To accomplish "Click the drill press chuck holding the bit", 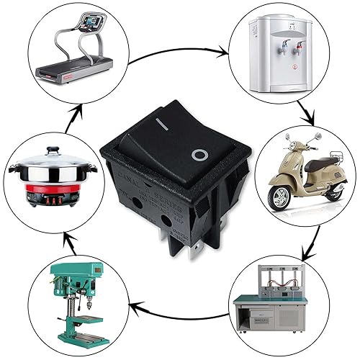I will pos(81,296).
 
